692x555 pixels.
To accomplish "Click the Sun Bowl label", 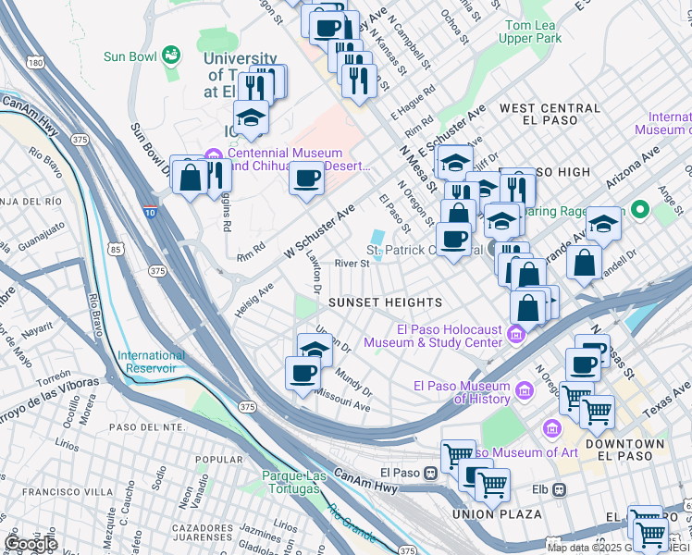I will click(129, 56).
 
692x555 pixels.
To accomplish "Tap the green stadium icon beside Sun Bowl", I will click(170, 56).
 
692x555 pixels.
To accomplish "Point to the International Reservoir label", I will click(151, 362).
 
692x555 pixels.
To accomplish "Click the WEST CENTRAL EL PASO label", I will click(550, 115).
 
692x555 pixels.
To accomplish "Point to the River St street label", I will click(352, 264).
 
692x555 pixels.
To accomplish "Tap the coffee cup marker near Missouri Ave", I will click(303, 374).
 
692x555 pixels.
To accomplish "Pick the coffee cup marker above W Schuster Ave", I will click(306, 178).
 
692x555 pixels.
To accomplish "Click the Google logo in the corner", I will click(31, 544).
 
